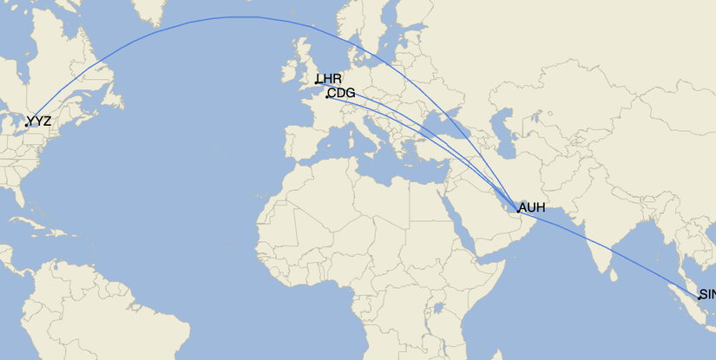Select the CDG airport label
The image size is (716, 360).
[x=342, y=93]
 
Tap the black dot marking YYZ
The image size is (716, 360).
[x=27, y=125]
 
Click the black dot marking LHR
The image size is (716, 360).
[x=318, y=83]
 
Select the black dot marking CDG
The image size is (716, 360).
[x=327, y=96]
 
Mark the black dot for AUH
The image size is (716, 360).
[x=518, y=210]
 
